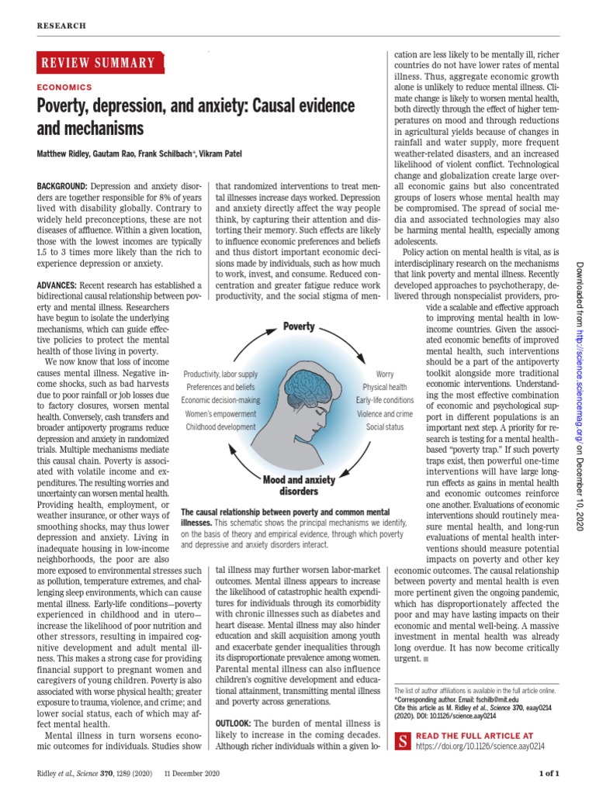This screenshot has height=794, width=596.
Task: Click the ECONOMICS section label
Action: (x=64, y=88)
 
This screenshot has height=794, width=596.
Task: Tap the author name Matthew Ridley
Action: (x=67, y=154)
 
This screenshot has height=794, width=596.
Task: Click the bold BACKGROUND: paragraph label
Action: (x=63, y=187)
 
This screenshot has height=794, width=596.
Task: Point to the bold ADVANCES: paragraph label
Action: (x=60, y=286)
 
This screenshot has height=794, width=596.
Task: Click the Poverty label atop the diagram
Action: (x=299, y=327)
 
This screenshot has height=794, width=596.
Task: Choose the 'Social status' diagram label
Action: (x=386, y=426)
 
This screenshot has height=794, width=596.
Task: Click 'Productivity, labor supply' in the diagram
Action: (x=220, y=374)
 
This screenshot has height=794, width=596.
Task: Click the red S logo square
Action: (x=403, y=740)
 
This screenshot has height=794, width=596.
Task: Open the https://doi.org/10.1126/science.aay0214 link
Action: (x=481, y=746)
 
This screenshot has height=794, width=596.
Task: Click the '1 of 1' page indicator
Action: (x=549, y=773)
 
